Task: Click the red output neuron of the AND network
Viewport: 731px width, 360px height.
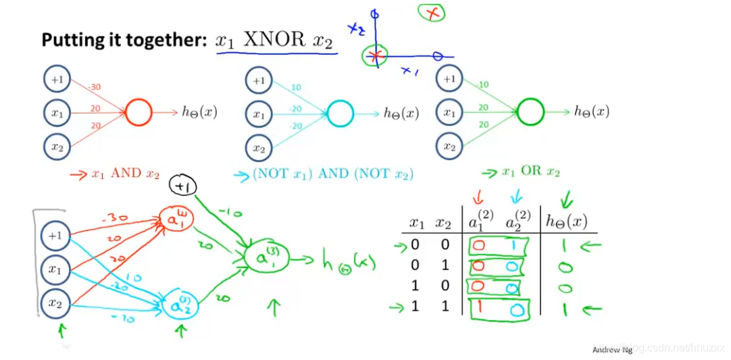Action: [138, 112]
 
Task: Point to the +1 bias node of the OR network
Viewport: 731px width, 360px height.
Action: [449, 79]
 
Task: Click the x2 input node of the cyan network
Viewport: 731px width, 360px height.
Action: [259, 147]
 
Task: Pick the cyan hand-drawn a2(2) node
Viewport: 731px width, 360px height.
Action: [176, 305]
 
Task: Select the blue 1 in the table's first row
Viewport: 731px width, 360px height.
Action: [513, 245]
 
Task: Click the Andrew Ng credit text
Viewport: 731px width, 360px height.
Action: [611, 350]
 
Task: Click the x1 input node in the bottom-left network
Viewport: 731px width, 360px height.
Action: [54, 269]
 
